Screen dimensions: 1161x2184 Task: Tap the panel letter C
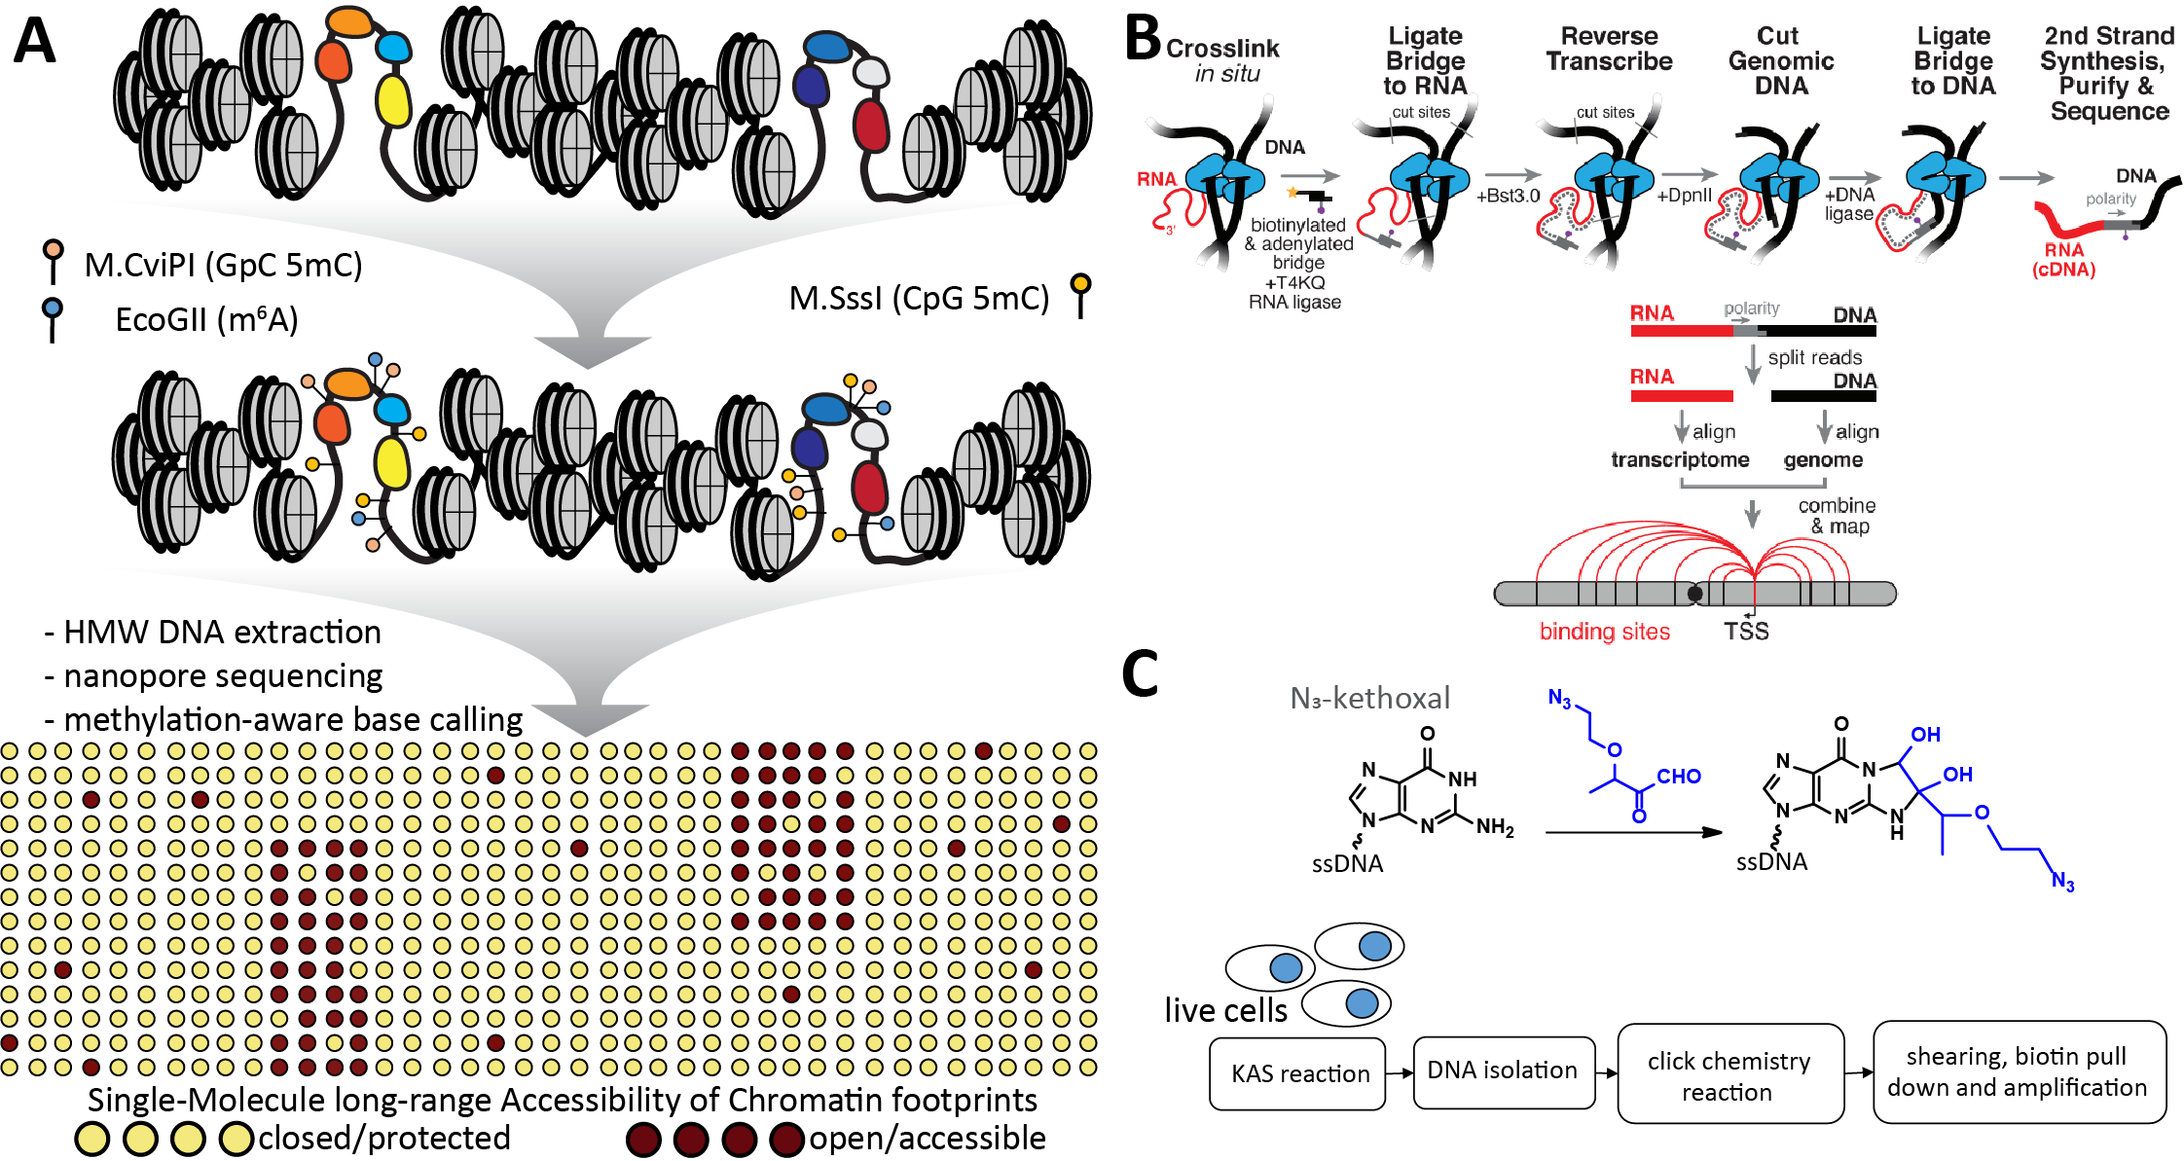pos(1140,673)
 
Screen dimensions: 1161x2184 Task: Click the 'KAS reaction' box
pos(1298,1073)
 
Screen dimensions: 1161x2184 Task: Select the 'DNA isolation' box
pos(1502,1070)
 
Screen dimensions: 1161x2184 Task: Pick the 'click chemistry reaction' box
pos(1729,1075)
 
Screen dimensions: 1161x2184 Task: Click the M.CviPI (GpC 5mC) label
pos(223,265)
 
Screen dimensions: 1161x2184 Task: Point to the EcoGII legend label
pos(206,319)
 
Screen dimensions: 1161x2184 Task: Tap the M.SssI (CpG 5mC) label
pos(919,298)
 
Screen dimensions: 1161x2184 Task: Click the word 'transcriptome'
pos(1680,459)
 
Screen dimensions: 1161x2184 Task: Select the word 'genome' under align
pos(1823,459)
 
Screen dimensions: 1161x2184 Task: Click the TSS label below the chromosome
pos(1746,632)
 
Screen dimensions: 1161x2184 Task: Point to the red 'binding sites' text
pos(1604,632)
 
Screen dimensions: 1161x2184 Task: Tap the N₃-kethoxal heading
pos(1369,698)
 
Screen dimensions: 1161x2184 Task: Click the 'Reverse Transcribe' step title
pos(1609,49)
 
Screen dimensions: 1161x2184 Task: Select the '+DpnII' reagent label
pos(1684,195)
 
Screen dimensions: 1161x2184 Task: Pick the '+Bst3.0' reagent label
pos(1508,196)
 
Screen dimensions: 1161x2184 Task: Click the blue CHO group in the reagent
pos(1678,777)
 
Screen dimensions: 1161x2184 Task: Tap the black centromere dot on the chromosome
pos(1694,594)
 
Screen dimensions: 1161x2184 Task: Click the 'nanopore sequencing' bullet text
pos(222,676)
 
